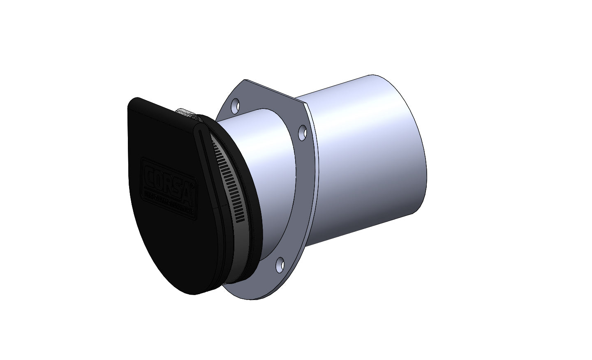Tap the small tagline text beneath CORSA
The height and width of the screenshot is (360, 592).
169,202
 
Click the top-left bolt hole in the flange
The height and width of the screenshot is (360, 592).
235,106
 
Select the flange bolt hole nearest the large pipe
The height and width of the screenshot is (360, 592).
303,132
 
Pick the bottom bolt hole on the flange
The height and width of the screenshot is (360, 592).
280,263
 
